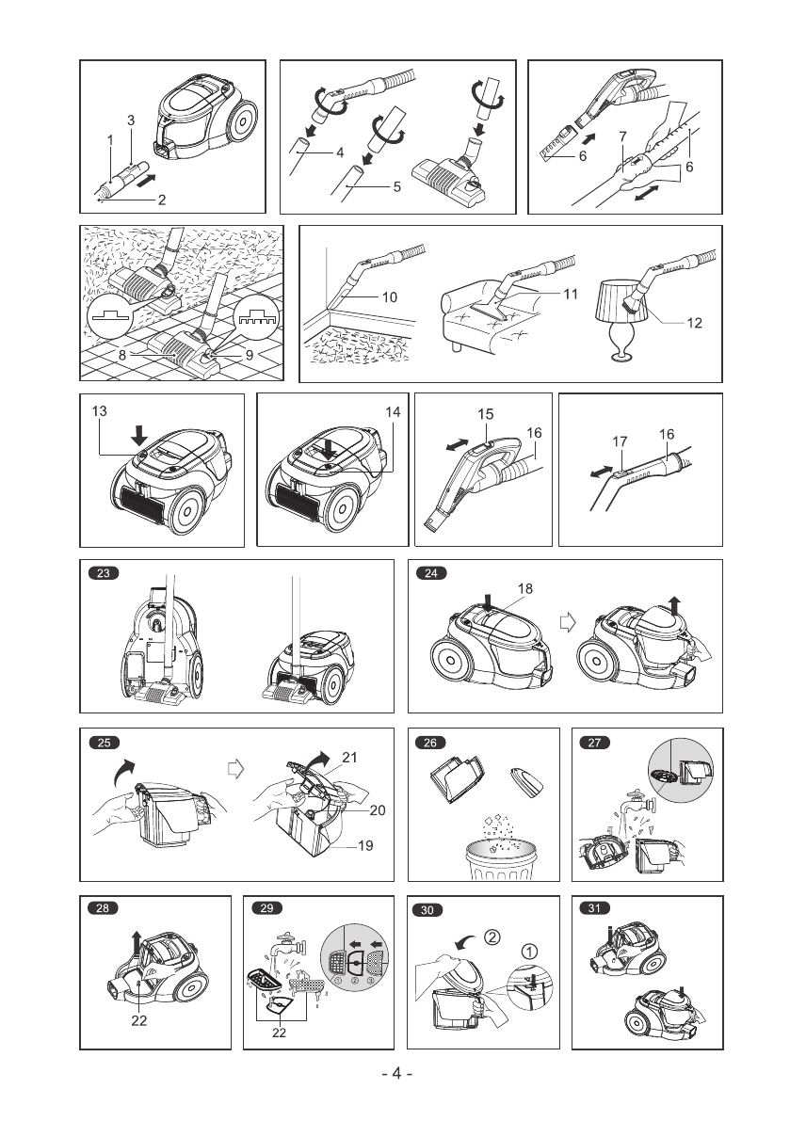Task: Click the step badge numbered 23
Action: pos(104,573)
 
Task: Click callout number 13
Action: pos(99,411)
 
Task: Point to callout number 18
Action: pos(524,587)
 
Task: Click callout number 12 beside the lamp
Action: pos(695,323)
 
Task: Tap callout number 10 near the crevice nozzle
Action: pos(389,296)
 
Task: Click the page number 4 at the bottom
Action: pos(397,1073)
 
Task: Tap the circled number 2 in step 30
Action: pos(492,937)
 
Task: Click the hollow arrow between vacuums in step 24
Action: pos(566,624)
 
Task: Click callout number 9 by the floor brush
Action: pos(250,356)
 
